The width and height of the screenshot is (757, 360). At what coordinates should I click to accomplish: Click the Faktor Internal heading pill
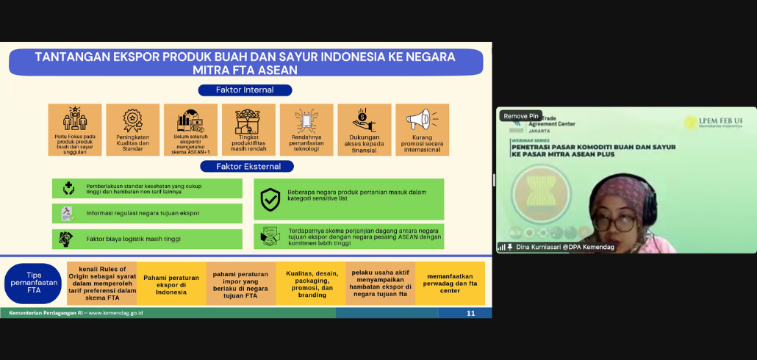(x=245, y=90)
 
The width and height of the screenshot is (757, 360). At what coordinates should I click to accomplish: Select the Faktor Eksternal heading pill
(x=248, y=166)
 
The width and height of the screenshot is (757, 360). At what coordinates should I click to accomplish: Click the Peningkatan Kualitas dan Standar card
(x=132, y=129)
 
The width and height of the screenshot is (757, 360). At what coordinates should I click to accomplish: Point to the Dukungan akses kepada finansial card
(x=365, y=129)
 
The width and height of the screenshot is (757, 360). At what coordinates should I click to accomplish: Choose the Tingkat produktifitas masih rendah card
(x=248, y=129)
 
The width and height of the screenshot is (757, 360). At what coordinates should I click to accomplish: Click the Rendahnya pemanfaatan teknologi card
(x=306, y=129)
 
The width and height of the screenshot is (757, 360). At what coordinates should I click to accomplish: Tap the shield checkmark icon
(x=270, y=199)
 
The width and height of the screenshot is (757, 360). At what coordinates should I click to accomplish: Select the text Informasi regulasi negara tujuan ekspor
(x=143, y=213)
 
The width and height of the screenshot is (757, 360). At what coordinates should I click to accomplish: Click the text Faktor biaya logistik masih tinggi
(x=133, y=239)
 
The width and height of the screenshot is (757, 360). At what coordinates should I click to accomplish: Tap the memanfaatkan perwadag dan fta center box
(x=450, y=284)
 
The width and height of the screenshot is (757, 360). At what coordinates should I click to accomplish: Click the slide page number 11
(x=470, y=313)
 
